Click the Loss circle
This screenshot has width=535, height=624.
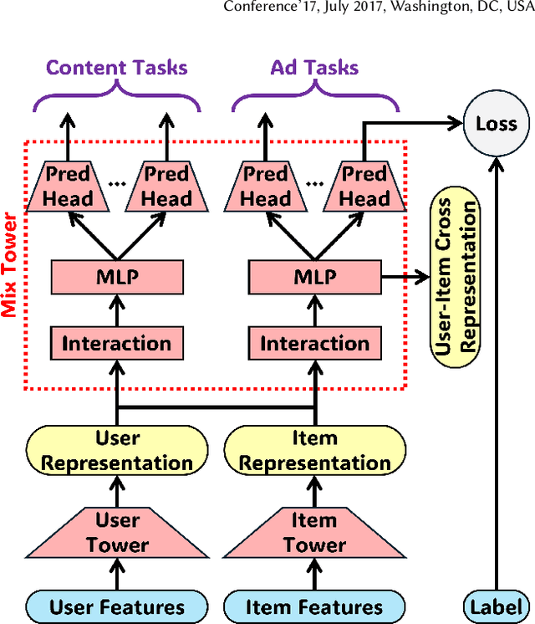coord(497,124)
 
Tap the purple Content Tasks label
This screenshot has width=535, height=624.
coord(117,68)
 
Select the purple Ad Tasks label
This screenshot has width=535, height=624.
coord(315,68)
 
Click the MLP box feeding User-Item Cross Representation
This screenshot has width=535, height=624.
coord(315,277)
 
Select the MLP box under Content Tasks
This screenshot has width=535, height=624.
coord(117,277)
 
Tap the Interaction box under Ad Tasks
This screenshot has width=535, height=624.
coord(315,343)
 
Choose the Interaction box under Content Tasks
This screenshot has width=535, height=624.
coord(117,343)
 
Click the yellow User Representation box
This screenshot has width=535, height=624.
coord(117,450)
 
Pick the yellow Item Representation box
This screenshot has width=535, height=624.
coord(315,450)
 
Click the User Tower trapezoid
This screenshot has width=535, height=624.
coord(117,533)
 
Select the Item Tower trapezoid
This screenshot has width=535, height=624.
coord(315,533)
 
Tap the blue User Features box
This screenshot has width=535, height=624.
coord(117,606)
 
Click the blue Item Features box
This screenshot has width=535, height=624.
coord(315,606)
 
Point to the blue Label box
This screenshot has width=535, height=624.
coord(497,606)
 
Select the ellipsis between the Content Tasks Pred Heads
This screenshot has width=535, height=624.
coord(117,184)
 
